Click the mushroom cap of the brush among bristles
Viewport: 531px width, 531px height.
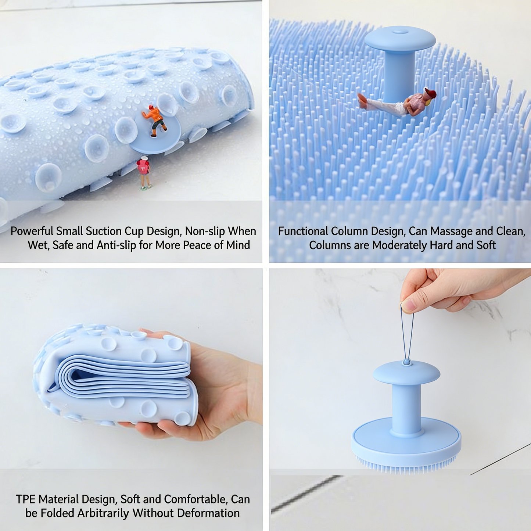[x=400, y=39]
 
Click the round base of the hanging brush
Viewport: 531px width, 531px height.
[x=406, y=441]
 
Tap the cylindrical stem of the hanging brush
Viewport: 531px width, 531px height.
[x=406, y=408]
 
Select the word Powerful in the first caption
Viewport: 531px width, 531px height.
[x=32, y=231]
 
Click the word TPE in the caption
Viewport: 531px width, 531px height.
[x=25, y=499]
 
